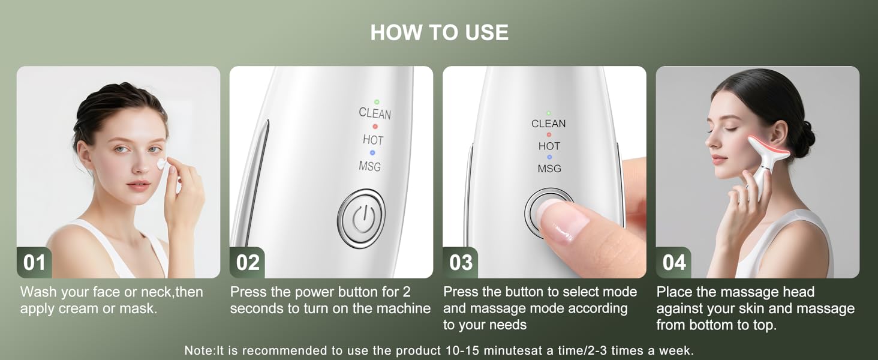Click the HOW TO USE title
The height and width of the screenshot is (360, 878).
[x=439, y=32]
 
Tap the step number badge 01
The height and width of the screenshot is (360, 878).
[x=34, y=263]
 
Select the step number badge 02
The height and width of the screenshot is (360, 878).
[x=247, y=263]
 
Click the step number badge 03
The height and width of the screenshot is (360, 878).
[x=460, y=263]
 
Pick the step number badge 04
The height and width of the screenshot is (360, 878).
[x=673, y=263]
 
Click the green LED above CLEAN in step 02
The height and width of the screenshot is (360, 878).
[x=376, y=101]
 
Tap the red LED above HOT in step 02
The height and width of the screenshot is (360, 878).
[x=375, y=127]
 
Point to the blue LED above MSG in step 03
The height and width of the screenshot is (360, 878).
[x=549, y=157]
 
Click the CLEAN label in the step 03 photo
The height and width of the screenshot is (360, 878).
[x=548, y=124]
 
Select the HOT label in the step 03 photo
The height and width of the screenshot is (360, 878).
[x=549, y=146]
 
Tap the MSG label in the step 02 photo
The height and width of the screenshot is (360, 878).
[x=369, y=166]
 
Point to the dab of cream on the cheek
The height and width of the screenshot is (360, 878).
[x=161, y=163]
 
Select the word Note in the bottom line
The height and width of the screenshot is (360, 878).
[x=199, y=350]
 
